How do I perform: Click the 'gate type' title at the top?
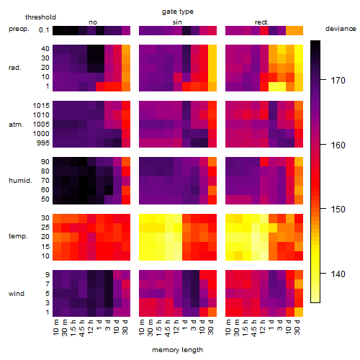pyautogui.click(x=178, y=12)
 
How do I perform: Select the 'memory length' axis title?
pyautogui.click(x=177, y=350)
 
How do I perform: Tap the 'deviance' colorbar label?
pyautogui.click(x=341, y=29)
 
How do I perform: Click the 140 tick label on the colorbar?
pyautogui.click(x=338, y=274)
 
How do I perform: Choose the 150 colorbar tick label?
pyautogui.click(x=338, y=210)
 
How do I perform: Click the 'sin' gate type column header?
pyautogui.click(x=177, y=22)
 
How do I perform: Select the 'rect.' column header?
pyautogui.click(x=262, y=22)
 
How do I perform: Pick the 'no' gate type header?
pyautogui.click(x=93, y=22)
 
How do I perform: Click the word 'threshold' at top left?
pyautogui.click(x=40, y=17)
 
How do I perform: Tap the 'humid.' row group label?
pyautogui.click(x=20, y=181)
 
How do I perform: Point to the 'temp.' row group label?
pyautogui.click(x=18, y=236)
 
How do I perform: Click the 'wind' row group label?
pyautogui.click(x=17, y=294)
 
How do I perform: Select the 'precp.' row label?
pyautogui.click(x=19, y=29)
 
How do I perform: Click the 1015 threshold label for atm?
pyautogui.click(x=41, y=106)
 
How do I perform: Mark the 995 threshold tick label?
pyautogui.click(x=43, y=143)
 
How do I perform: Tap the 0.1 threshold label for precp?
pyautogui.click(x=44, y=30)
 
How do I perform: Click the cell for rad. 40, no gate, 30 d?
pyautogui.click(x=126, y=50)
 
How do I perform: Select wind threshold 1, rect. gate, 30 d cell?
pyautogui.click(x=299, y=312)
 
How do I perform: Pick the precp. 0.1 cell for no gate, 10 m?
pyautogui.click(x=57, y=30)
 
